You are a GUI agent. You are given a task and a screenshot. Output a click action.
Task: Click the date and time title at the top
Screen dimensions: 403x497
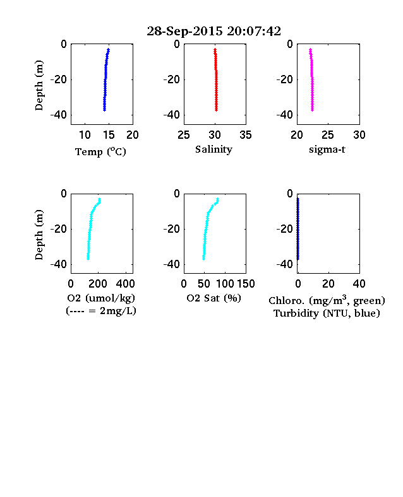[x=214, y=31]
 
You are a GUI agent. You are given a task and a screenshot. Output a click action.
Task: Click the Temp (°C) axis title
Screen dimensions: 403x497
[x=100, y=152]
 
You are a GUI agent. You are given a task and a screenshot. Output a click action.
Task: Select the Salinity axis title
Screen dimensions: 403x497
[x=214, y=149]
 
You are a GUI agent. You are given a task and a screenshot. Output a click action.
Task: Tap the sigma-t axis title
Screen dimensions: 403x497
[x=327, y=149]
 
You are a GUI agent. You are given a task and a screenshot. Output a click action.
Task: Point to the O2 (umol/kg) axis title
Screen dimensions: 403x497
[x=101, y=298]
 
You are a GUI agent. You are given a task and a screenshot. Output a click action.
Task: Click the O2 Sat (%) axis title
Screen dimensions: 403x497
[x=214, y=298]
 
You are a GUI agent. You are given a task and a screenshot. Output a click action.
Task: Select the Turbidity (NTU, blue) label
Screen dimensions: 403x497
[x=327, y=313]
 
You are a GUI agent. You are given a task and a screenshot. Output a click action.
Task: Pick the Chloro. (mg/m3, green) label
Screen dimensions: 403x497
[x=327, y=300]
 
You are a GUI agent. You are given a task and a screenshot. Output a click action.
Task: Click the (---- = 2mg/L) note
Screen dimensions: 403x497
[x=101, y=311]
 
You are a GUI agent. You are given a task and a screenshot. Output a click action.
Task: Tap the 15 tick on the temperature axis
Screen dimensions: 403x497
[x=109, y=135]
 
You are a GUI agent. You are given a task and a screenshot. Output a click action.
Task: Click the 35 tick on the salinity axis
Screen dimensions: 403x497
[x=246, y=135]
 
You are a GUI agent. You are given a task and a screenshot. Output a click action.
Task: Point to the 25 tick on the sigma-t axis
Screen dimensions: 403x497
[x=328, y=135]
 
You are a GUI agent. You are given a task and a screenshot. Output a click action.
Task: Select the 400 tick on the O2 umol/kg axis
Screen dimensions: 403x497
[x=125, y=284]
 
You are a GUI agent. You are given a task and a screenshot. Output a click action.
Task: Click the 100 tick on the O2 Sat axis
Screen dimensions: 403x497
[x=225, y=284]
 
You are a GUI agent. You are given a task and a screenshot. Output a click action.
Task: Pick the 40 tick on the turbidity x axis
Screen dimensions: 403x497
[x=359, y=284]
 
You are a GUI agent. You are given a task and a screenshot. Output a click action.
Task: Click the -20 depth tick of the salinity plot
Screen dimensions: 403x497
[x=171, y=79]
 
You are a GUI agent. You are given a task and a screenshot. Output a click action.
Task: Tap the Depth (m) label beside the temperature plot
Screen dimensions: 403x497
[x=39, y=85]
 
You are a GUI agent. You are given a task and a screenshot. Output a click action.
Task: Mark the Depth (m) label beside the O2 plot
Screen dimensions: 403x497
[x=39, y=235]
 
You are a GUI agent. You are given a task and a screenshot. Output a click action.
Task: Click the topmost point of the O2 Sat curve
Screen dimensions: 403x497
[x=218, y=199]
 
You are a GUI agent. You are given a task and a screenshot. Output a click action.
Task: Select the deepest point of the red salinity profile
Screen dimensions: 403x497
[x=217, y=110]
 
